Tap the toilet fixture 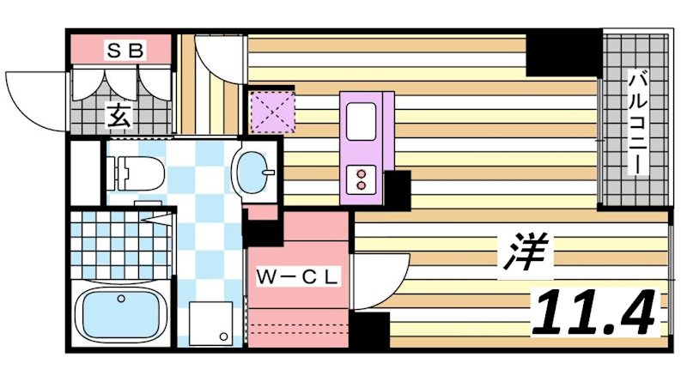point(137,172)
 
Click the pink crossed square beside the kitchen point(271,111)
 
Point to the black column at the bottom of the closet point(368,331)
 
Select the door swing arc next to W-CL point(378,279)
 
